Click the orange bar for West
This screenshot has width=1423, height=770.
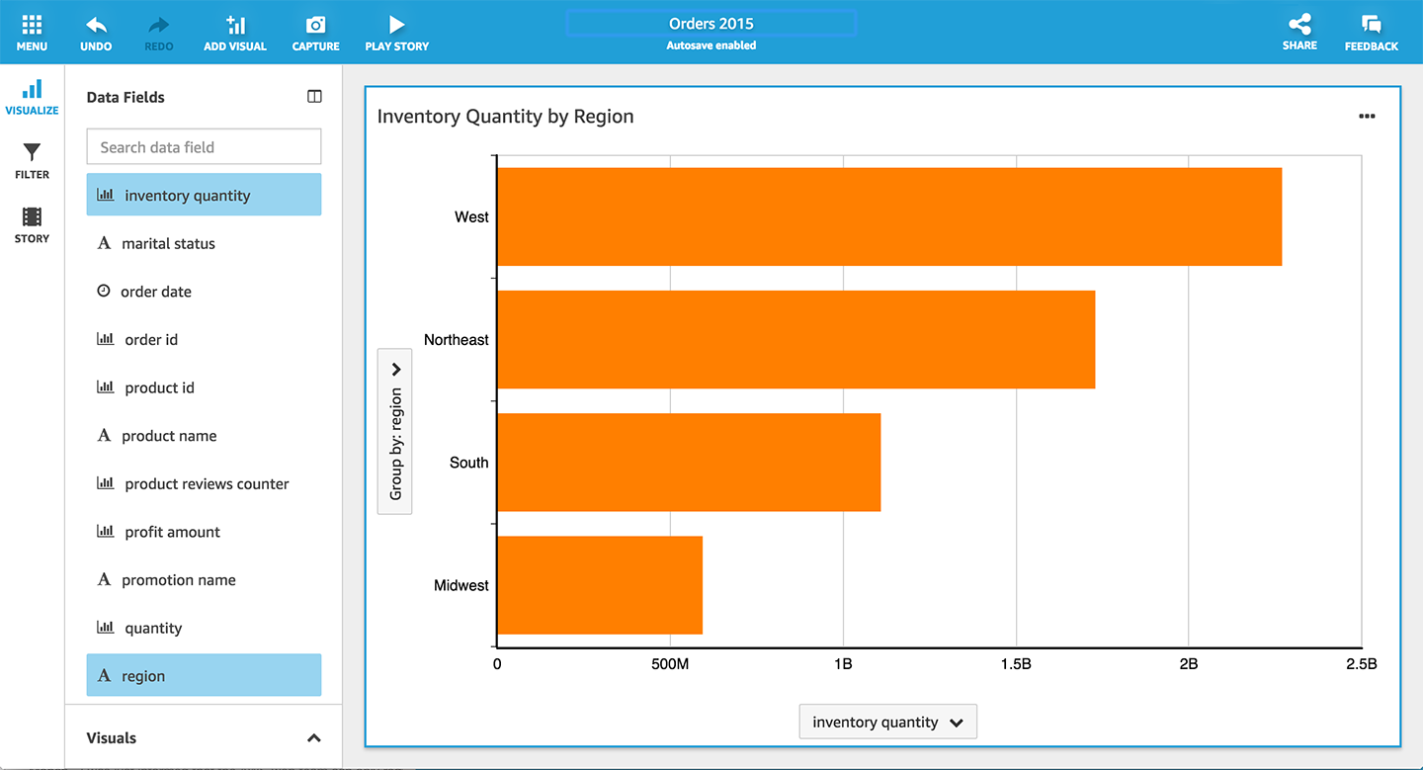(x=888, y=216)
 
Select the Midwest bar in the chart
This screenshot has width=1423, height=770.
(x=599, y=585)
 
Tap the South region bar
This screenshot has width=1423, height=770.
(x=688, y=463)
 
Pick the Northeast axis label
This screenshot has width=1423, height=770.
(x=456, y=340)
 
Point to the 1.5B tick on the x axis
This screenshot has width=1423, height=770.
(x=1015, y=664)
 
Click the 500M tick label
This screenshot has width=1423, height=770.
(x=669, y=664)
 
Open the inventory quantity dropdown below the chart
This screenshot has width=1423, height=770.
(x=887, y=722)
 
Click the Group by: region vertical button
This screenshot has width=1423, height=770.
(x=395, y=431)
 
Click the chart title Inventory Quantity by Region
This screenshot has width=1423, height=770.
(x=505, y=117)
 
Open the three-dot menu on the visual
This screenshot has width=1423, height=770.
(x=1367, y=117)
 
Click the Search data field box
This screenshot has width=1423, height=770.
(x=204, y=147)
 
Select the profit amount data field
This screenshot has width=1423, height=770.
(x=172, y=532)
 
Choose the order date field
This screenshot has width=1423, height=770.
(x=155, y=292)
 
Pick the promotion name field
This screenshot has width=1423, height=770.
(x=178, y=580)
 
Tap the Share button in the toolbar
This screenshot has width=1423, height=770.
(x=1299, y=32)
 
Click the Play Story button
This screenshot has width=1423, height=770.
(x=396, y=32)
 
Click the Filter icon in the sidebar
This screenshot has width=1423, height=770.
(x=32, y=160)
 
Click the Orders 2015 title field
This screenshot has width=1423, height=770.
(x=711, y=24)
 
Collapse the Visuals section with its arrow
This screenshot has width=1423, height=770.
(x=314, y=738)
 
